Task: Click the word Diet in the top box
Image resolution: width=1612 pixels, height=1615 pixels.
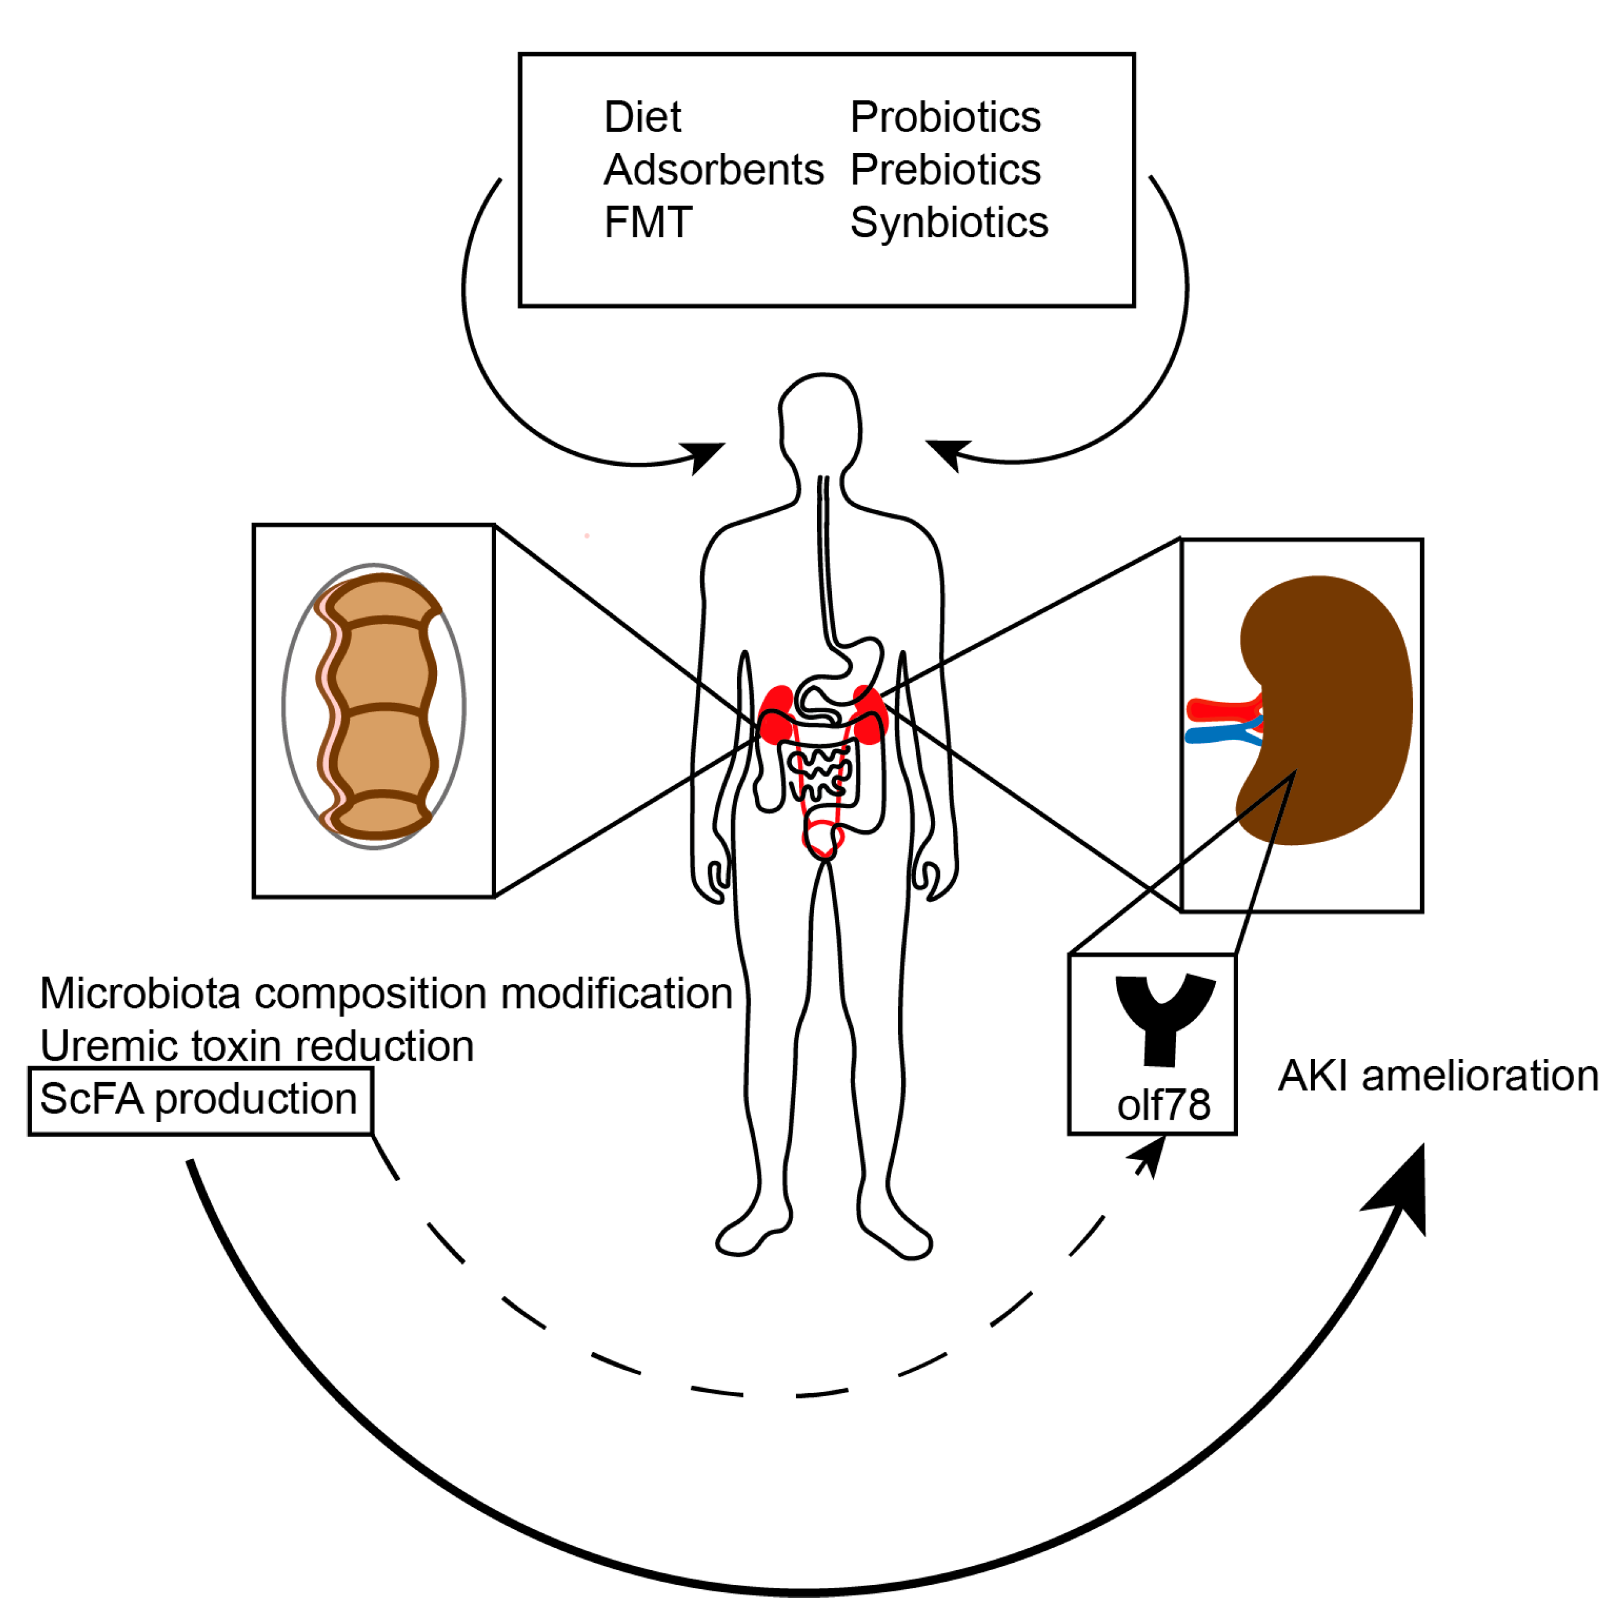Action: pos(641,117)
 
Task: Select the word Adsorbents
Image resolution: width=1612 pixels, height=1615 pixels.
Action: pos(713,170)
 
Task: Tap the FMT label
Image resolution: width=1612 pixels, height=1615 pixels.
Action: pos(647,222)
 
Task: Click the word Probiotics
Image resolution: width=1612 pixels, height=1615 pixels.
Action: pos(945,117)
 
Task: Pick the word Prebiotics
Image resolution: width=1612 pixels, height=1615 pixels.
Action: pos(945,170)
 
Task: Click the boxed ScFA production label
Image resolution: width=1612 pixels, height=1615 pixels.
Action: pos(199,1098)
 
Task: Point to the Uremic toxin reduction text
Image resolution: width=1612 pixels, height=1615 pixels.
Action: pos(257,1046)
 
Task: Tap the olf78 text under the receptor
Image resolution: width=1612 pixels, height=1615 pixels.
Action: pos(1163,1105)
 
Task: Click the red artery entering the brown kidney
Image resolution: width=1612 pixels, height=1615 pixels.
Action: pos(1221,709)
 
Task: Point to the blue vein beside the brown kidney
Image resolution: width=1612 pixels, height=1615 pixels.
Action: pos(1217,736)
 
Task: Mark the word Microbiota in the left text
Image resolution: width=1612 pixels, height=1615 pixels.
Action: pos(140,993)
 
